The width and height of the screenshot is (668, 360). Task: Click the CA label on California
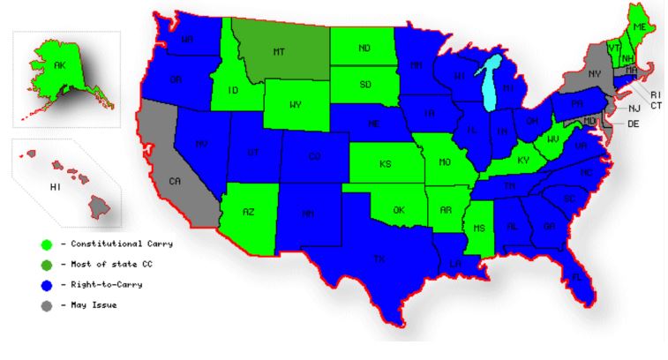click(176, 181)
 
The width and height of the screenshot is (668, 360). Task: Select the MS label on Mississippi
click(479, 229)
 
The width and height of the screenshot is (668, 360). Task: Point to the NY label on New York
click(594, 73)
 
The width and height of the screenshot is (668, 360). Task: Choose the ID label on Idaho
click(235, 90)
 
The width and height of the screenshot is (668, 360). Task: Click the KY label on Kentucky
click(524, 160)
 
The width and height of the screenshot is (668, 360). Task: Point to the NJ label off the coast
click(634, 108)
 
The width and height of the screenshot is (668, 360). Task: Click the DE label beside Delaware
click(633, 124)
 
